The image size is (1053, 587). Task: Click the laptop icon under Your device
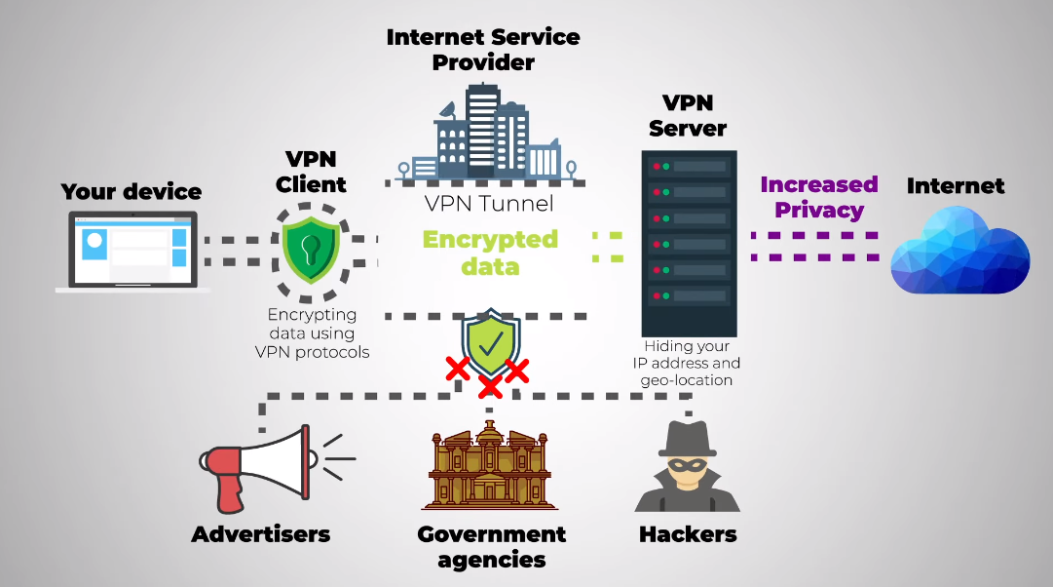(x=132, y=251)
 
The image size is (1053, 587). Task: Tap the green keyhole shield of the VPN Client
(x=311, y=249)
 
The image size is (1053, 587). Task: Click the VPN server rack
(x=690, y=243)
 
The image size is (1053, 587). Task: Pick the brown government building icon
(x=491, y=466)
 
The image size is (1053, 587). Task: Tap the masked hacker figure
(x=688, y=468)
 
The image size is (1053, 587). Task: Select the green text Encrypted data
(x=490, y=252)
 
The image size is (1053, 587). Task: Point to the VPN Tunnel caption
(x=489, y=204)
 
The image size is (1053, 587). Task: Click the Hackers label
(x=688, y=534)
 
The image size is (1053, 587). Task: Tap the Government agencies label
(x=491, y=546)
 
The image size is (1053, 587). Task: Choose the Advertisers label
(x=261, y=534)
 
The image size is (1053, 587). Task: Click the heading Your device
(x=132, y=191)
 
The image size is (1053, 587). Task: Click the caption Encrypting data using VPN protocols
(x=312, y=333)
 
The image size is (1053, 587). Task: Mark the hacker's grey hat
(x=689, y=438)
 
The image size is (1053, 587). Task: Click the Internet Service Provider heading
(x=483, y=49)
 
